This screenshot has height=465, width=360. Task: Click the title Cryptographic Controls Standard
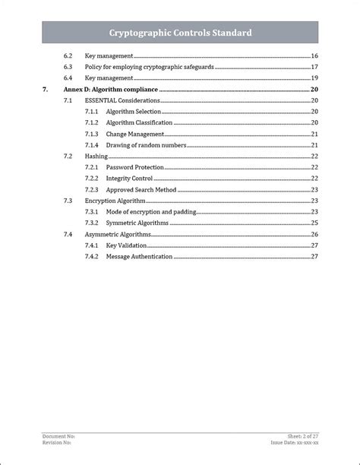(180, 33)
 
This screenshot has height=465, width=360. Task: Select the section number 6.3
(68, 67)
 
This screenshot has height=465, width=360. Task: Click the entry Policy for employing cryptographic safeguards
(148, 67)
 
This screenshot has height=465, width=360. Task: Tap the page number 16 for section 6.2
(314, 56)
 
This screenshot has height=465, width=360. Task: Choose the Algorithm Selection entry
(134, 112)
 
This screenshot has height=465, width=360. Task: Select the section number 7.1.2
(92, 122)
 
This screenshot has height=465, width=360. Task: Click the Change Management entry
(135, 134)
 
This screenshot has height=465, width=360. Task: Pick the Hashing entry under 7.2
(96, 156)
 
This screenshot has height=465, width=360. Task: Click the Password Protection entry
(134, 167)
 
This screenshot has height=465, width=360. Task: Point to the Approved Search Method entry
(141, 189)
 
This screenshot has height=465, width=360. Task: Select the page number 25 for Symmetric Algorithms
(314, 223)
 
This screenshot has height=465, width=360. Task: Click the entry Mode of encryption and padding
(150, 211)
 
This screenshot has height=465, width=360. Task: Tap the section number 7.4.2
(92, 256)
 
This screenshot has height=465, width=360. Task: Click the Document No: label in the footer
(58, 437)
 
